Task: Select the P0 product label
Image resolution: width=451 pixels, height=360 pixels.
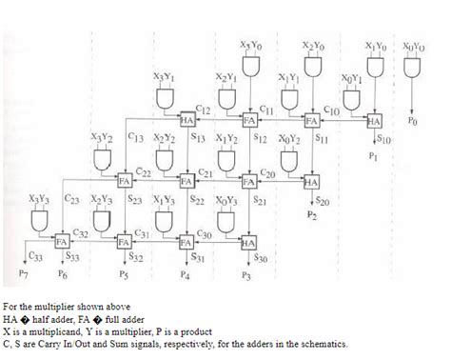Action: coord(411,122)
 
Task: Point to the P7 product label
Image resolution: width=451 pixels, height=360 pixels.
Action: coord(24,274)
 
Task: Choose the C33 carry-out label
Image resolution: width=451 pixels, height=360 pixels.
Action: coord(34,256)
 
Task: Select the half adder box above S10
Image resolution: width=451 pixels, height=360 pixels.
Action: coord(373,122)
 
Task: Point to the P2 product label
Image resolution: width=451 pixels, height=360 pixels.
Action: coord(312,216)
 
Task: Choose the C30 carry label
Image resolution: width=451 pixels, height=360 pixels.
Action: coord(204,233)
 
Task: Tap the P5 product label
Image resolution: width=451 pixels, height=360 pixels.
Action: coord(123,274)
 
